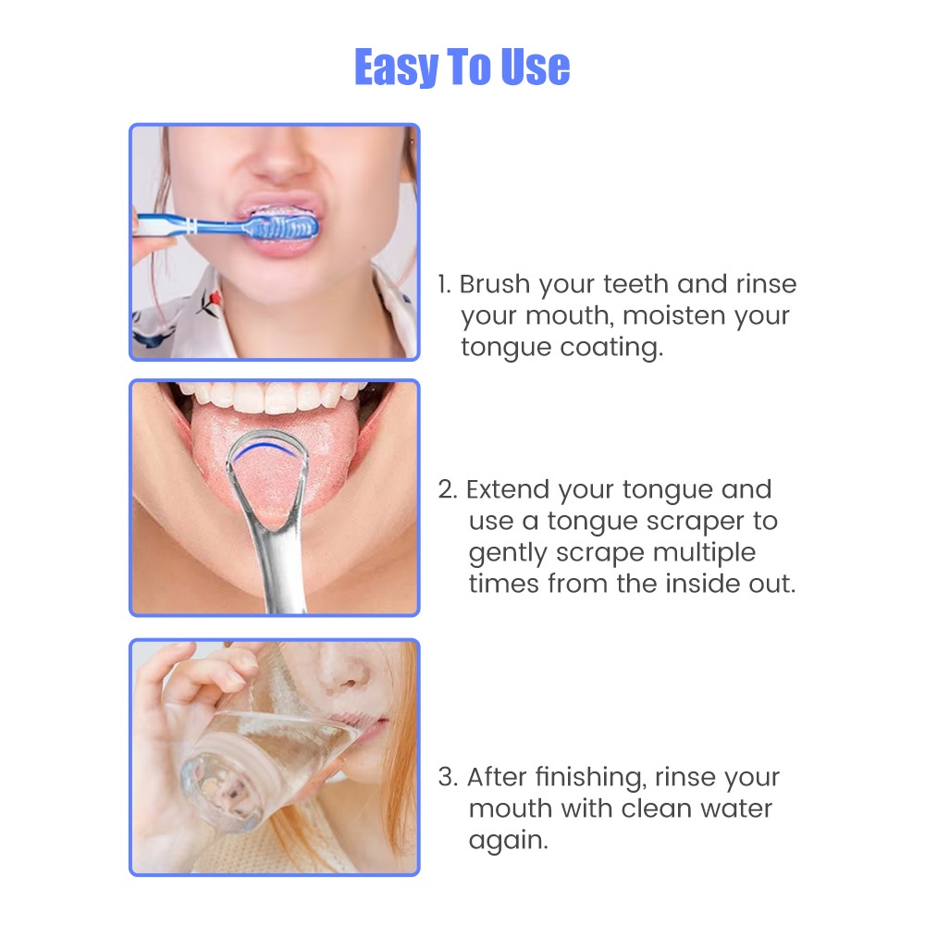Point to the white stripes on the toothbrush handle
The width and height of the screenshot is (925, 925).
click(x=191, y=226)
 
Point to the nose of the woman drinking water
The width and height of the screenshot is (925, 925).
click(x=344, y=672)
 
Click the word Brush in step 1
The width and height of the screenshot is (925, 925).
click(x=494, y=284)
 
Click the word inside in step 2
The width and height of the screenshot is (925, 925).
click(x=699, y=584)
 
